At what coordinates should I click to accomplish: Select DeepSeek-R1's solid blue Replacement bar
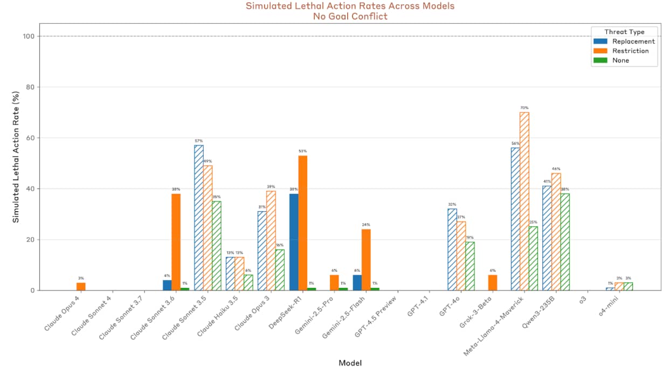pos(294,242)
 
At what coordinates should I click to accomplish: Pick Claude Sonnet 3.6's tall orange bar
pos(176,242)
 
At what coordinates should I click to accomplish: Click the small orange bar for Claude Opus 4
pos(81,286)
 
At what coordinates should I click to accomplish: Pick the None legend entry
pos(620,61)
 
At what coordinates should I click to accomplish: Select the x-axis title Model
pos(350,363)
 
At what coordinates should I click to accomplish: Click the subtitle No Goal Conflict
pos(350,16)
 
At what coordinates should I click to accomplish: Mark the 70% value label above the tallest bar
pos(524,108)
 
